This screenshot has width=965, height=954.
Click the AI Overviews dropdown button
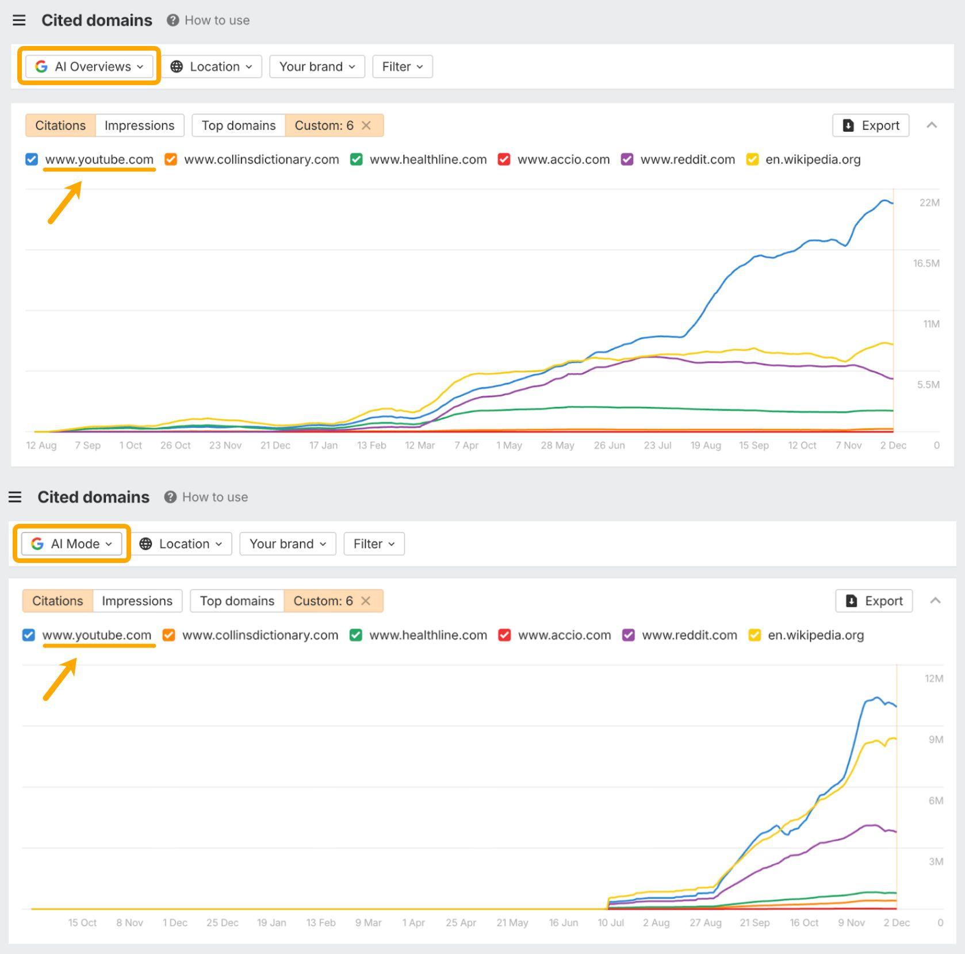tap(89, 67)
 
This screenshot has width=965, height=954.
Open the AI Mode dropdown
tap(71, 543)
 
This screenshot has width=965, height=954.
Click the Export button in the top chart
tap(870, 125)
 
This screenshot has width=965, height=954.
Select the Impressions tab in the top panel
tap(139, 125)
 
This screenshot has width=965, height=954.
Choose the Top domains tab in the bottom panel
tap(237, 601)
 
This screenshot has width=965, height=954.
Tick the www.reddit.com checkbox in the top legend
tap(627, 159)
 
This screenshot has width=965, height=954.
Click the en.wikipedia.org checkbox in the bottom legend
tap(755, 635)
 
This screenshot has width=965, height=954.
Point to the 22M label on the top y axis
tap(929, 202)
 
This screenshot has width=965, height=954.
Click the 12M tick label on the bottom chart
tap(933, 679)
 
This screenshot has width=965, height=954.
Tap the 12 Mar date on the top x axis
tap(420, 445)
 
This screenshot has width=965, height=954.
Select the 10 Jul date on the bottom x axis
tap(610, 922)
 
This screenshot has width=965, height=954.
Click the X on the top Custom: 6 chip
tap(366, 125)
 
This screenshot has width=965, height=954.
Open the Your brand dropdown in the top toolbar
tap(317, 67)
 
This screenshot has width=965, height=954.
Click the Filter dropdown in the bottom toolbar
tap(374, 543)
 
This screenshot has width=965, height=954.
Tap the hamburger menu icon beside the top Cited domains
tap(19, 20)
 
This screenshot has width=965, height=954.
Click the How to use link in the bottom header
tap(215, 497)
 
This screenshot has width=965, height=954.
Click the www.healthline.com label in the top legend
tap(428, 159)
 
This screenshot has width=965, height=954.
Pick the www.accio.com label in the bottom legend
tap(564, 635)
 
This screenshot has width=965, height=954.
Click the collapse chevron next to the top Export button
tap(932, 125)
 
